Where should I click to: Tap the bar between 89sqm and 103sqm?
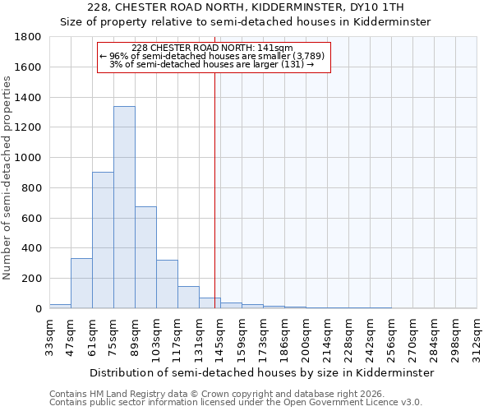(145, 257)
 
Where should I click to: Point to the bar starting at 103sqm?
(167, 284)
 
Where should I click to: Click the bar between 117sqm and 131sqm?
(188, 298)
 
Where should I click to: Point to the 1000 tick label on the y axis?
(30, 158)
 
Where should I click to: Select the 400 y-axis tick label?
(33, 248)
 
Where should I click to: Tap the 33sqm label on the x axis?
(50, 335)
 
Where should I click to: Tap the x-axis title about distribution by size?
(261, 372)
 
